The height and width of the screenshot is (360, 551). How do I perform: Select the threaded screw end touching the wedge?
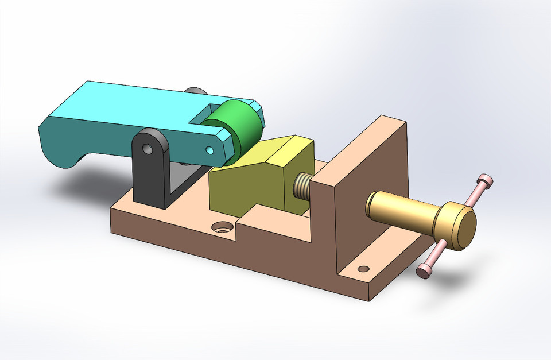(x=301, y=187)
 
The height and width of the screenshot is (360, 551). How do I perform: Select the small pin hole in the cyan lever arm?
(x=209, y=150)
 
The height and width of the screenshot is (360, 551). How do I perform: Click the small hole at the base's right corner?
(x=362, y=269)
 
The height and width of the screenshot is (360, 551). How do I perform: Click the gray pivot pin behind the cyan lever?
(x=195, y=91)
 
